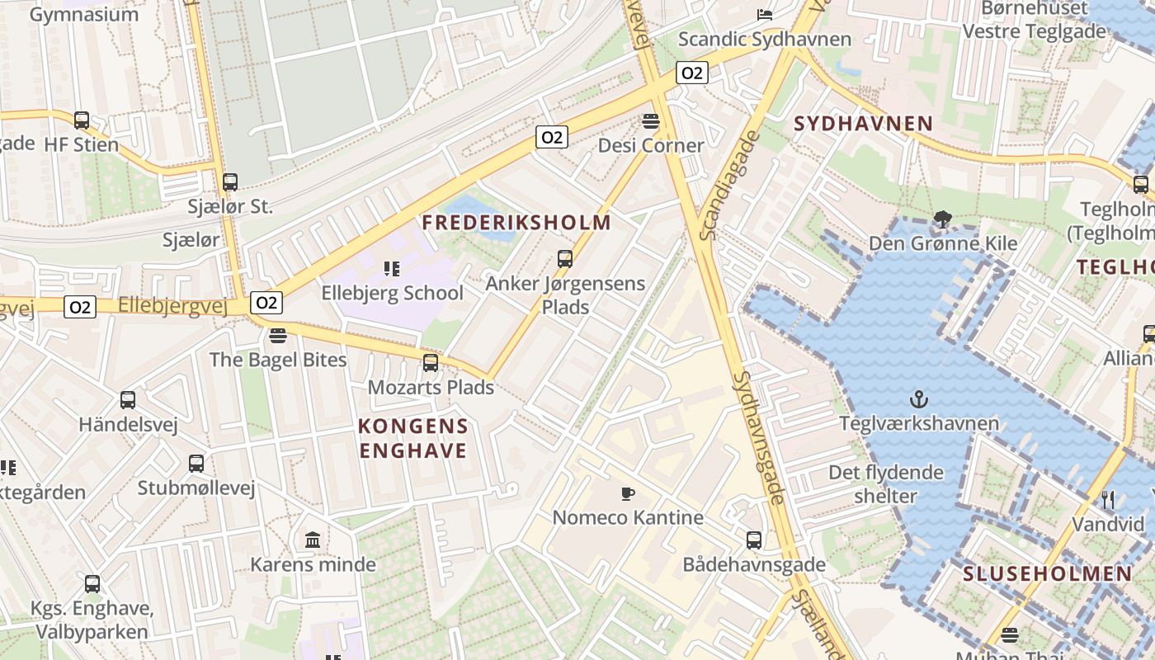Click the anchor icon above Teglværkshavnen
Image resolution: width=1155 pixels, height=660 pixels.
click(x=918, y=400)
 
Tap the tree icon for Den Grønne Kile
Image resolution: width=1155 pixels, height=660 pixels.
click(x=942, y=219)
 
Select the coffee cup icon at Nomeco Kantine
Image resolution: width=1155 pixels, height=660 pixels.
click(x=628, y=494)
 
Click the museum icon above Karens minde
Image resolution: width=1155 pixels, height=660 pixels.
click(x=313, y=540)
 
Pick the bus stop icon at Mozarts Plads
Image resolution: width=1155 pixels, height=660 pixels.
click(x=431, y=363)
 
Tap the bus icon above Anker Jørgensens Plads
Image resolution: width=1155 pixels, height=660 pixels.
click(x=565, y=259)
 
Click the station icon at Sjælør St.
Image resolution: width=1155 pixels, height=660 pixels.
click(x=230, y=182)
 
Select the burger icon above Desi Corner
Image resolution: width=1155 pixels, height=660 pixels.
click(x=651, y=121)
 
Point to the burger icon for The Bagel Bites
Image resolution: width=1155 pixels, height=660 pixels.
click(x=277, y=336)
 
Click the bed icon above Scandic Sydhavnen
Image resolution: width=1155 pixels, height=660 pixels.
click(x=764, y=15)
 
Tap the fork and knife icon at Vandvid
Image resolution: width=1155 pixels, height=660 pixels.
click(x=1108, y=500)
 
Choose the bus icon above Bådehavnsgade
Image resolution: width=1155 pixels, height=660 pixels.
click(x=754, y=540)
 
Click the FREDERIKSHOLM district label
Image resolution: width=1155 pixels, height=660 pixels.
click(x=516, y=223)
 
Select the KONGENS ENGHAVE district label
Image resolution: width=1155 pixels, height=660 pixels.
click(x=413, y=438)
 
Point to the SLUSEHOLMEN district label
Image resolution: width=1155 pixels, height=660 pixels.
click(x=1048, y=574)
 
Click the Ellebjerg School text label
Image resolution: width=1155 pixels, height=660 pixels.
click(x=393, y=293)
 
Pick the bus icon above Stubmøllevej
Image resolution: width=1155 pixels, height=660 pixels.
click(x=196, y=464)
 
